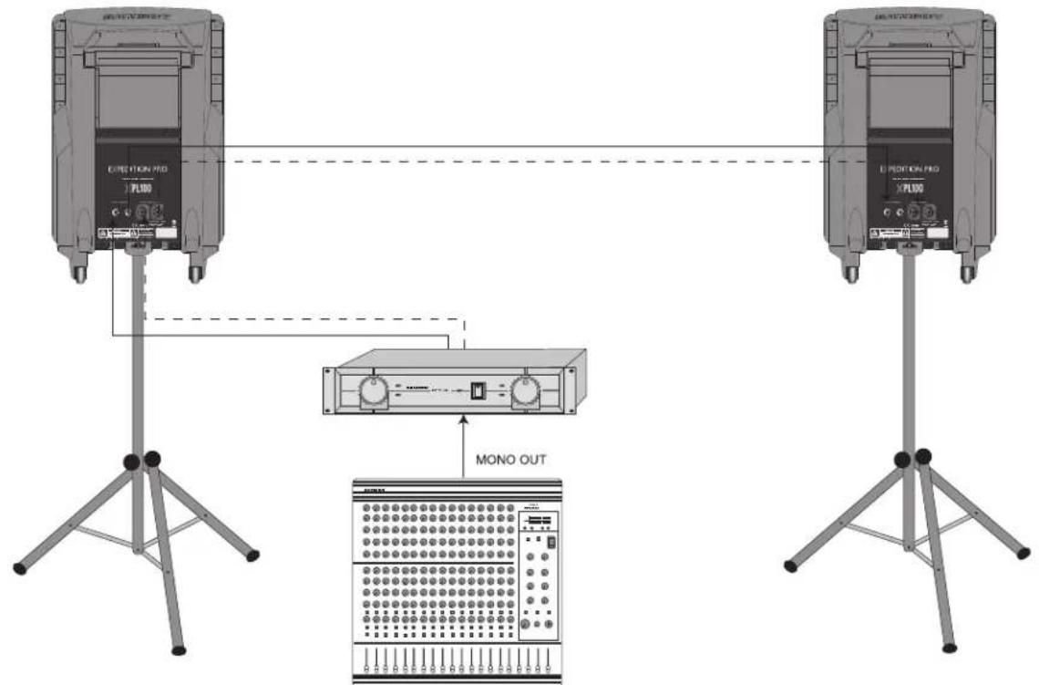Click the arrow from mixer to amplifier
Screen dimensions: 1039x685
(x=463, y=447)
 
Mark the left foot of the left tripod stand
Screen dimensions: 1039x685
(x=19, y=569)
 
